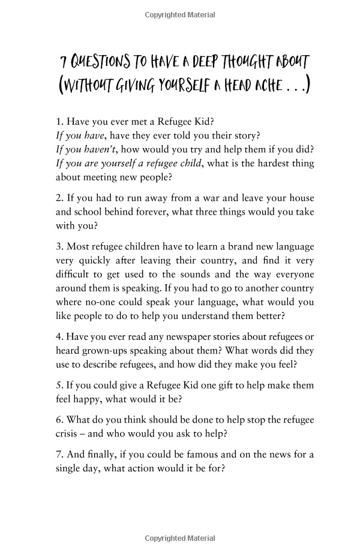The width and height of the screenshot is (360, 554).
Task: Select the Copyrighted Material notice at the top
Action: coord(180,15)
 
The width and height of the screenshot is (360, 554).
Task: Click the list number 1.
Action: coord(59,124)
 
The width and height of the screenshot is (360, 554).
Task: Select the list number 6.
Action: coord(59,419)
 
